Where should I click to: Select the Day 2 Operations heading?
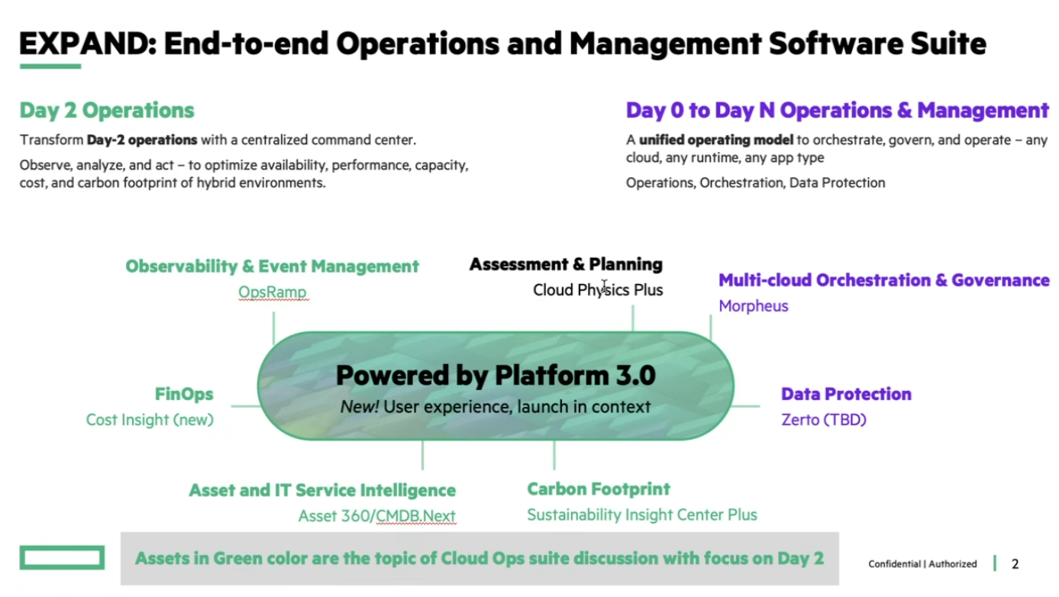pyautogui.click(x=107, y=110)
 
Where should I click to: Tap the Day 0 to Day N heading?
pyautogui.click(x=837, y=110)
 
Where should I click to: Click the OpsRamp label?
pyautogui.click(x=273, y=292)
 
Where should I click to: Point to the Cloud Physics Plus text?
pyautogui.click(x=598, y=289)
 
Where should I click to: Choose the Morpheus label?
pyautogui.click(x=753, y=305)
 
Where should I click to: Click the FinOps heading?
pyautogui.click(x=184, y=394)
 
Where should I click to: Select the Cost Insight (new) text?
pyautogui.click(x=150, y=419)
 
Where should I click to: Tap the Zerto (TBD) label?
pyautogui.click(x=823, y=419)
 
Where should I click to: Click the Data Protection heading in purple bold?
pyautogui.click(x=846, y=394)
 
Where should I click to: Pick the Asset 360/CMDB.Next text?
pyautogui.click(x=376, y=515)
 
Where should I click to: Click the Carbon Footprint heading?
pyautogui.click(x=599, y=489)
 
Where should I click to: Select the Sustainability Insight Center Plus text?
pyautogui.click(x=641, y=515)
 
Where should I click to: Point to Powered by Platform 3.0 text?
pyautogui.click(x=496, y=375)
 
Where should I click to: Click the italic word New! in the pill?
pyautogui.click(x=359, y=406)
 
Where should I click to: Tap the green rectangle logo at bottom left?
pyautogui.click(x=62, y=557)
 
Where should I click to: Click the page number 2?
pyautogui.click(x=1015, y=564)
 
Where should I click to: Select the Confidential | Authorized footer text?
pyautogui.click(x=922, y=564)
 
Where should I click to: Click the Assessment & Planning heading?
pyautogui.click(x=566, y=264)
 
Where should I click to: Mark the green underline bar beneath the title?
pyautogui.click(x=50, y=66)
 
